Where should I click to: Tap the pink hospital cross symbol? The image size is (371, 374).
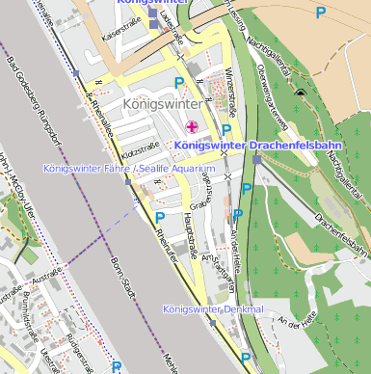click(191, 126)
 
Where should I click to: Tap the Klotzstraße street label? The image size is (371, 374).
click(140, 151)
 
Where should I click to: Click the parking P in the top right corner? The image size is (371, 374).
click(320, 13)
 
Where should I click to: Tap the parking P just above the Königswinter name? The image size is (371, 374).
click(178, 84)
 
